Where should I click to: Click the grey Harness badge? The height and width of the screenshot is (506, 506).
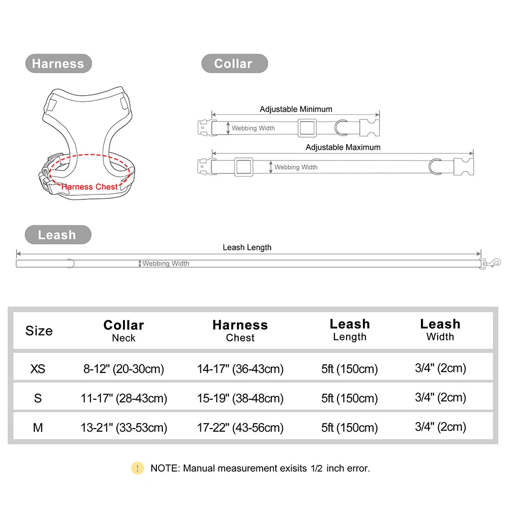tap(58, 64)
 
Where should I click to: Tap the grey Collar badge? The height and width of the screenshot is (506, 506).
tap(235, 64)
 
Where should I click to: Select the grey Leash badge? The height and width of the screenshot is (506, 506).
tap(58, 235)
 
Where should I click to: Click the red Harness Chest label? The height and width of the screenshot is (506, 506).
tap(90, 187)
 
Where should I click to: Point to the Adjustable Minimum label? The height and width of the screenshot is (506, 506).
tap(296, 109)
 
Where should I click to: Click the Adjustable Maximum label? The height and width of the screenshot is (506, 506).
tap(343, 147)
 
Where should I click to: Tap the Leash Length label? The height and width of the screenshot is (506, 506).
tap(247, 247)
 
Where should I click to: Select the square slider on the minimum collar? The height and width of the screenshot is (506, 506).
tap(307, 128)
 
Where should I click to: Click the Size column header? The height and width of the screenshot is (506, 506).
tap(39, 331)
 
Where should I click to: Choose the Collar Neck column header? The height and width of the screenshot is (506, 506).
tap(123, 331)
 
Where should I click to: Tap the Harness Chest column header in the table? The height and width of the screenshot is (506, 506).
tap(240, 331)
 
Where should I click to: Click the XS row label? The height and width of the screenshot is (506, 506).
tap(38, 368)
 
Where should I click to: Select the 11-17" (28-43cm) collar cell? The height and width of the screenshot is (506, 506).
tap(124, 398)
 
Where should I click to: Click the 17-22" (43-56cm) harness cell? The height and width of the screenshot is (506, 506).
tap(240, 428)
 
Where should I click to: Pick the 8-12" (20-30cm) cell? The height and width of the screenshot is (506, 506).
tap(124, 369)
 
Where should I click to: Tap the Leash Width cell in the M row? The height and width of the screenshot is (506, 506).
tap(441, 427)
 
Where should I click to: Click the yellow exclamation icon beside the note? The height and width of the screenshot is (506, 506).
tap(138, 468)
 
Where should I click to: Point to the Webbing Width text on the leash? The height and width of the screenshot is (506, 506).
tap(165, 263)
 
